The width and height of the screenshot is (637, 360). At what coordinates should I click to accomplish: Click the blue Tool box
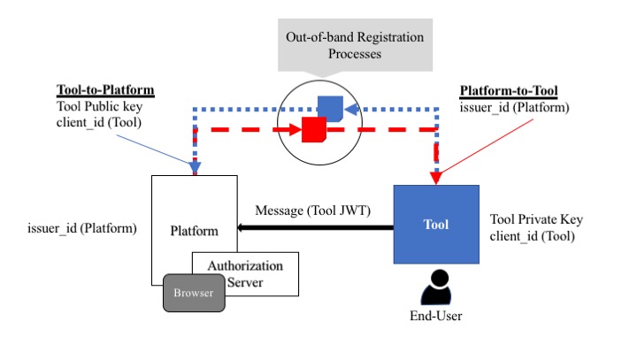point(435,225)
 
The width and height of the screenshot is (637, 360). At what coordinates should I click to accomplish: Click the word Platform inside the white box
point(194,232)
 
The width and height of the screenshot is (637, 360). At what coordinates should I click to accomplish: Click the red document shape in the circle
point(314,129)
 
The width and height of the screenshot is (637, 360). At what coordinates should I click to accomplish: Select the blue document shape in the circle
point(330,108)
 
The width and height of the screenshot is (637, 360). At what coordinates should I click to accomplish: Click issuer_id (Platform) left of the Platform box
point(82,228)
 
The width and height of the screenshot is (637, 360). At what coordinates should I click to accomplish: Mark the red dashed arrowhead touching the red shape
point(296,129)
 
